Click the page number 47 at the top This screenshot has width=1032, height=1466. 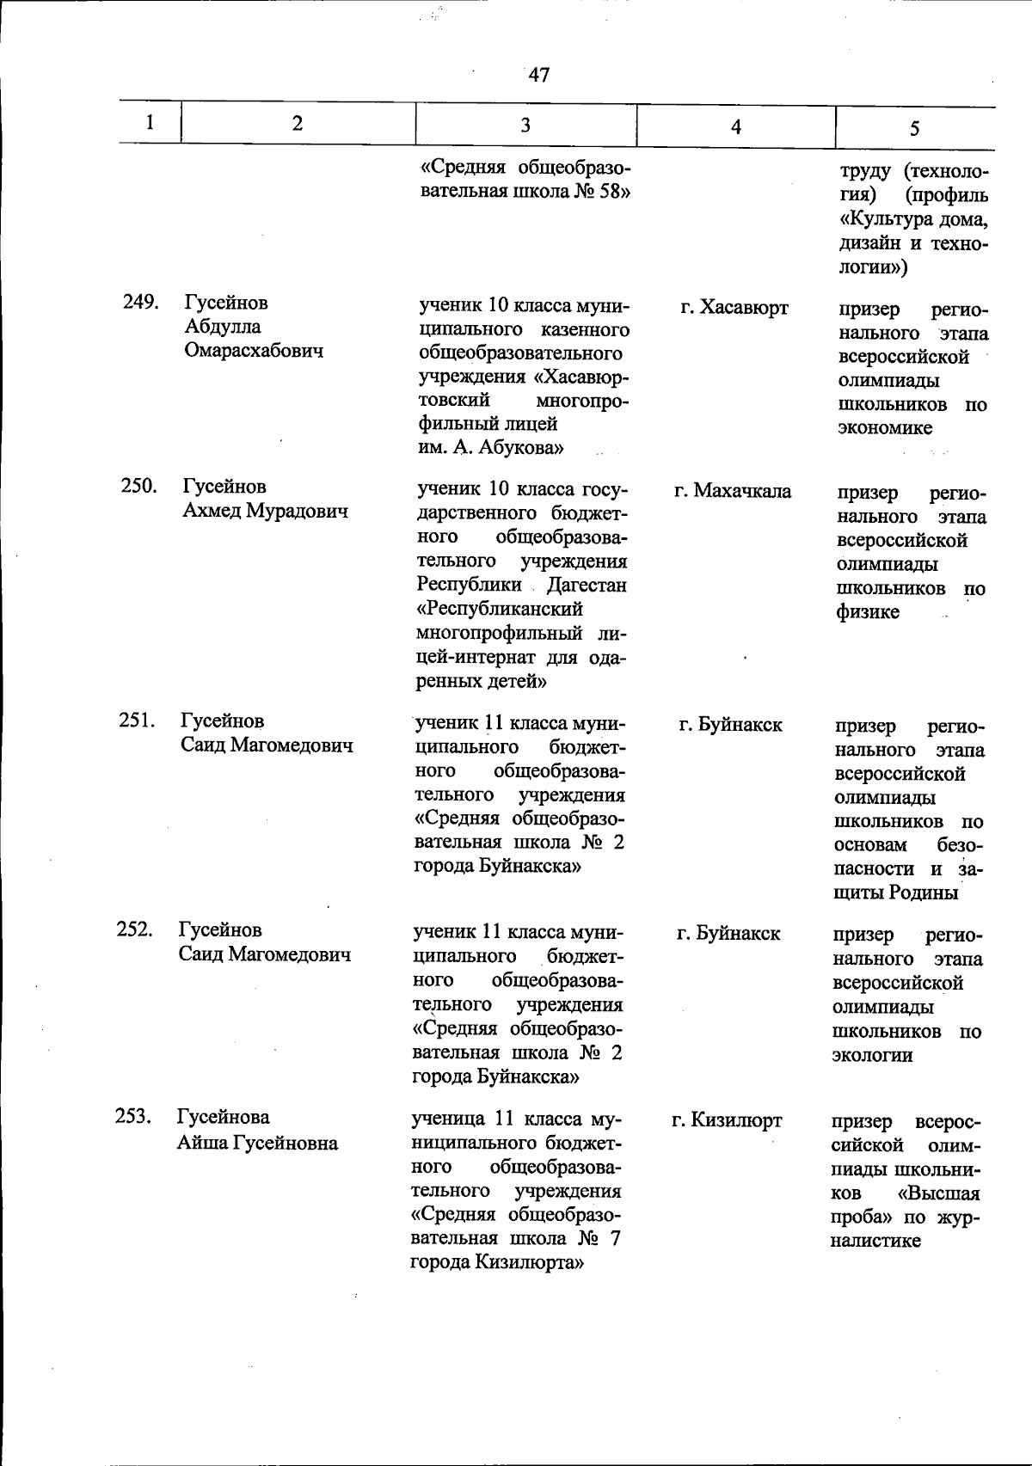point(539,75)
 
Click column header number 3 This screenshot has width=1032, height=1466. point(525,125)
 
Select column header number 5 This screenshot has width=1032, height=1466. point(914,128)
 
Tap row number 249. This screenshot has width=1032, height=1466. point(140,302)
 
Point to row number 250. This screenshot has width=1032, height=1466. point(138,486)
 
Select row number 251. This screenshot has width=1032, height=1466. point(137,721)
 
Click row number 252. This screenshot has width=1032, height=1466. point(135,929)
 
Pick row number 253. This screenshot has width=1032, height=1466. point(133,1117)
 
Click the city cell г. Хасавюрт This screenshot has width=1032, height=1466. point(734,308)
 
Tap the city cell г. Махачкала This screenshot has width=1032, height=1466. point(733,491)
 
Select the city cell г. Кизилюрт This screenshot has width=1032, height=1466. point(727,1120)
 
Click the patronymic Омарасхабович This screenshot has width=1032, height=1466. point(254,351)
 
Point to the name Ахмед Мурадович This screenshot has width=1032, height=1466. point(265,511)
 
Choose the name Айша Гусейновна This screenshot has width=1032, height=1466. point(257,1143)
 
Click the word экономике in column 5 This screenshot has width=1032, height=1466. point(885,428)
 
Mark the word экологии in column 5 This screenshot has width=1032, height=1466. point(872,1055)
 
